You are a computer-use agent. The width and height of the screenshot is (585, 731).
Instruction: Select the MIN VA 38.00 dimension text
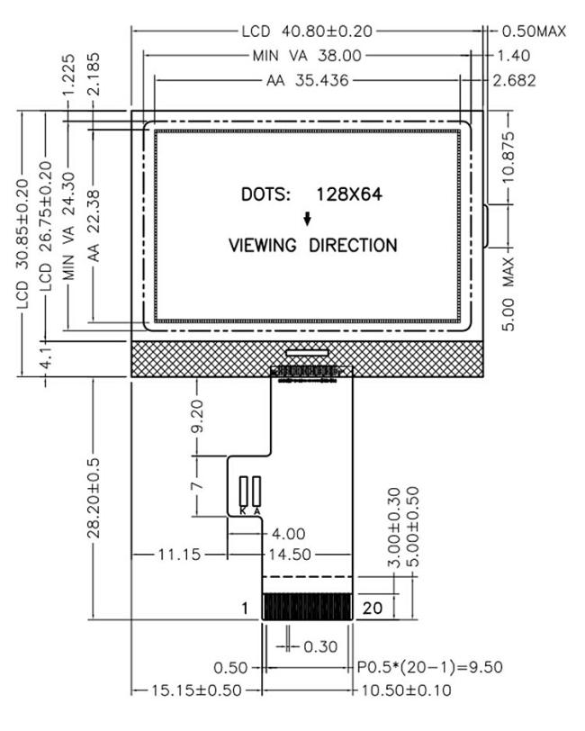[307, 56]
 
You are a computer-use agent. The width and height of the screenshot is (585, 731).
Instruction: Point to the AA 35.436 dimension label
[308, 80]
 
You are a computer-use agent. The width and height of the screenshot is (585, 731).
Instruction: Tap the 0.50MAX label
[532, 32]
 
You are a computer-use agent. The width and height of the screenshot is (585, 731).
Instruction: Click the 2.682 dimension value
[515, 80]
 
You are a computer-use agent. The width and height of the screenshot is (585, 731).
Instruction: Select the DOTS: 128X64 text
[306, 194]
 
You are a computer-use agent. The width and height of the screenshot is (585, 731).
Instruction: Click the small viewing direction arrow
[307, 219]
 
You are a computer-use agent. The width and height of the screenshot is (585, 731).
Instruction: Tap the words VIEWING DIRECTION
[312, 245]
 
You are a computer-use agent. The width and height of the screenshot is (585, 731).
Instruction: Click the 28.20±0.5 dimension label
[93, 500]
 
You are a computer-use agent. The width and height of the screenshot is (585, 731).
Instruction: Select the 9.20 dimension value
[199, 417]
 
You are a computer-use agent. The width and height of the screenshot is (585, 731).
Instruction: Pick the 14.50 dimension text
[289, 555]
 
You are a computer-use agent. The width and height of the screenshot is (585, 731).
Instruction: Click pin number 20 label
[373, 609]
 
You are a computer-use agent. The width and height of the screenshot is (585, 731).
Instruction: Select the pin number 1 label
[245, 609]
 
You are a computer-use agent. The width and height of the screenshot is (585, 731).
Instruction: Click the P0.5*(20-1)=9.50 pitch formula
[430, 667]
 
